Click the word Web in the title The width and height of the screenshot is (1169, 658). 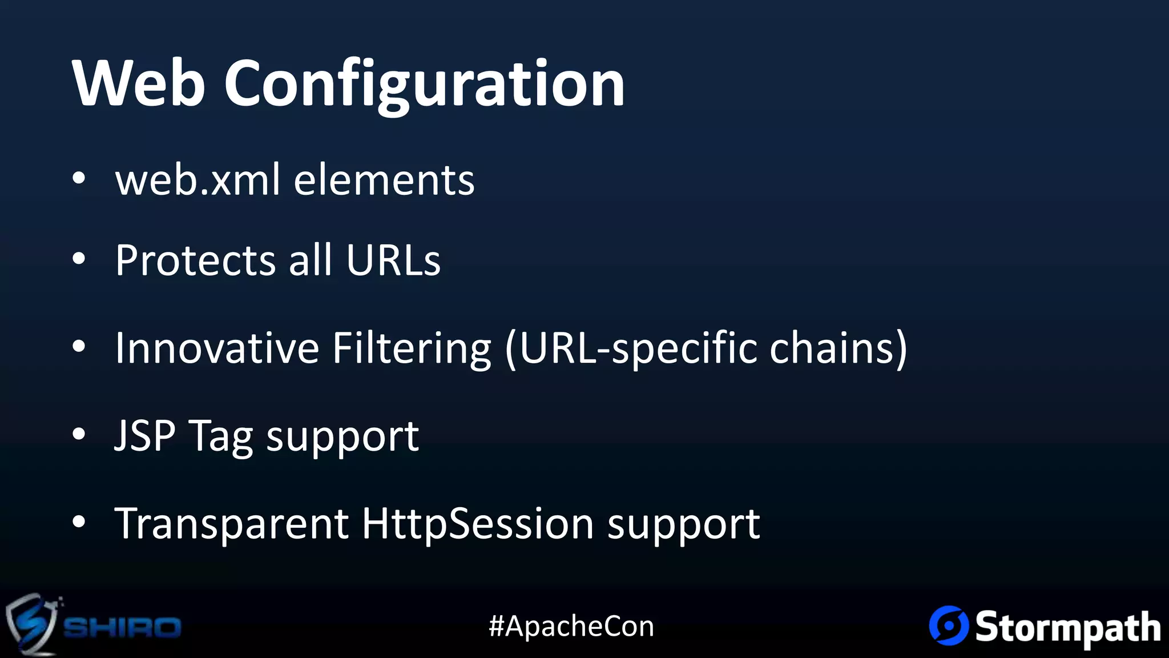pyautogui.click(x=139, y=83)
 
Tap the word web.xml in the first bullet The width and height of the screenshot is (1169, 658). pyautogui.click(x=197, y=179)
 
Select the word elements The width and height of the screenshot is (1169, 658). pyautogui.click(x=384, y=179)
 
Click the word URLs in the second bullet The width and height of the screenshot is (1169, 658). pyautogui.click(x=393, y=260)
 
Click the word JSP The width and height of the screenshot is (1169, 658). pyautogui.click(x=145, y=436)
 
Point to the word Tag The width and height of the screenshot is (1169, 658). pyautogui.click(x=220, y=438)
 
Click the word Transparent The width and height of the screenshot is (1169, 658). pyautogui.click(x=232, y=523)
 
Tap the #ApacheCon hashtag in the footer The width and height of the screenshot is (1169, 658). pyautogui.click(x=571, y=626)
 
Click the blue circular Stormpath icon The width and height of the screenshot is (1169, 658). pyautogui.click(x=949, y=625)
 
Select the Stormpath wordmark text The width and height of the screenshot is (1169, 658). pyautogui.click(x=1067, y=627)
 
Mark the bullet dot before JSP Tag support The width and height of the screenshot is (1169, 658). pyautogui.click(x=79, y=434)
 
